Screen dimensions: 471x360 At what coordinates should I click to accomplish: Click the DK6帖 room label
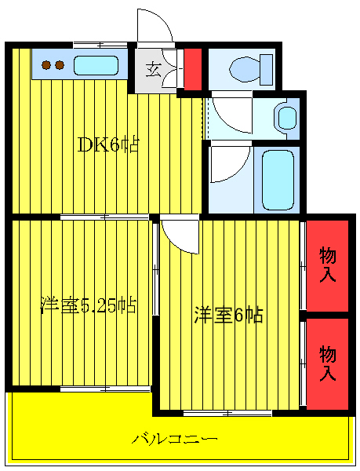point(108,145)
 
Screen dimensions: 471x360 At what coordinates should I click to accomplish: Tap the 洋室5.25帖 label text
point(88,305)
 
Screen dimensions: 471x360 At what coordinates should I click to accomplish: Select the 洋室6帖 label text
point(228,315)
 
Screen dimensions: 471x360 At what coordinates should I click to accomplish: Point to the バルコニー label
point(174,437)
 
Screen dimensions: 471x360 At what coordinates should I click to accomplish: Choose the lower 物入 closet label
point(327,363)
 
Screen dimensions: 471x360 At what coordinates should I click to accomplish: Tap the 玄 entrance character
point(153,68)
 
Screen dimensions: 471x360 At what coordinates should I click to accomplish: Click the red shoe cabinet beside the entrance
point(193,69)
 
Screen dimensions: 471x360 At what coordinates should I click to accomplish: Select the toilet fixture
point(249,70)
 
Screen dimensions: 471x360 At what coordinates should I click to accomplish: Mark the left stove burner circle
point(46,65)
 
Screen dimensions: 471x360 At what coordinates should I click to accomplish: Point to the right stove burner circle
point(59,65)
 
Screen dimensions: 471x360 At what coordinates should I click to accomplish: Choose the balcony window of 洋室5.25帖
point(105,389)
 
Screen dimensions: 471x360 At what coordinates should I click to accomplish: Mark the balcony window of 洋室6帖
point(227,412)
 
